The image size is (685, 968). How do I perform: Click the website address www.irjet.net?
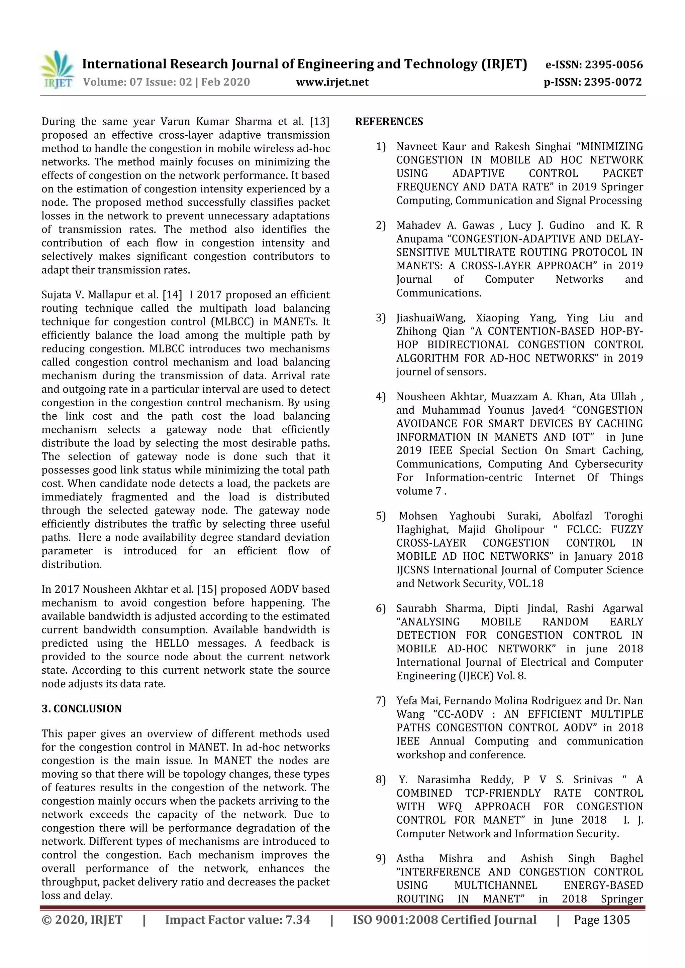(x=332, y=82)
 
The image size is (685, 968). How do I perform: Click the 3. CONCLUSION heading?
(x=82, y=708)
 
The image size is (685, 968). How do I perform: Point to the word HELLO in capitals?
(x=172, y=643)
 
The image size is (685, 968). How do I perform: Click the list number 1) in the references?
(x=381, y=146)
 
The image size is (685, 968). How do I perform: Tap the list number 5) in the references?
(x=381, y=516)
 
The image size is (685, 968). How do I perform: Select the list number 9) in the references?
(x=381, y=858)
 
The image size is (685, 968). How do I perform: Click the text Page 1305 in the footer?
(x=601, y=920)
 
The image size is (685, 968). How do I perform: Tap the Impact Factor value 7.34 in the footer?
(x=298, y=920)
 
